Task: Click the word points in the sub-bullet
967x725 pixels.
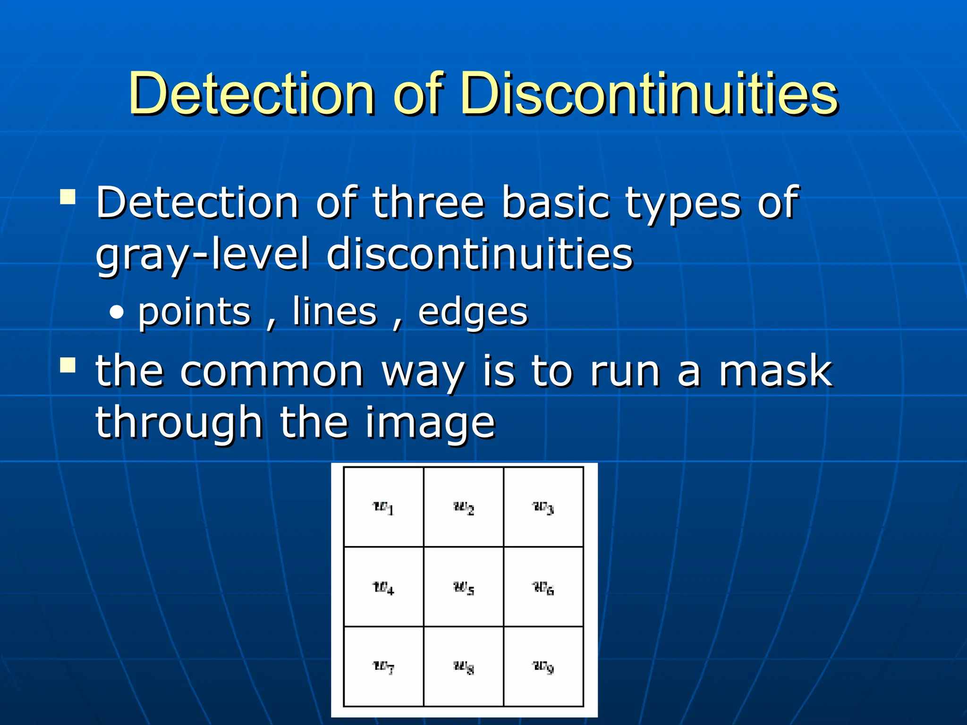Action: tap(194, 312)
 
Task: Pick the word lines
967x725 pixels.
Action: tap(334, 312)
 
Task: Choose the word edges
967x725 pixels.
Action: tap(473, 313)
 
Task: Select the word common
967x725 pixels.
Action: tap(272, 371)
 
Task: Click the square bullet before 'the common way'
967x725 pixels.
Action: tap(68, 365)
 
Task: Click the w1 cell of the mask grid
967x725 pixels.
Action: tap(383, 507)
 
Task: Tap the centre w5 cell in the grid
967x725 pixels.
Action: tap(464, 587)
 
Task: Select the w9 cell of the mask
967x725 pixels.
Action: tap(543, 666)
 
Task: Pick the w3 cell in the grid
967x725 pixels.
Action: tap(543, 507)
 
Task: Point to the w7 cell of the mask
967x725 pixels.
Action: tap(383, 666)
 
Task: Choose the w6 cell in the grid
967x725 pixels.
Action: tap(543, 587)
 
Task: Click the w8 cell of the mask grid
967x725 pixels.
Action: tap(464, 666)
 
